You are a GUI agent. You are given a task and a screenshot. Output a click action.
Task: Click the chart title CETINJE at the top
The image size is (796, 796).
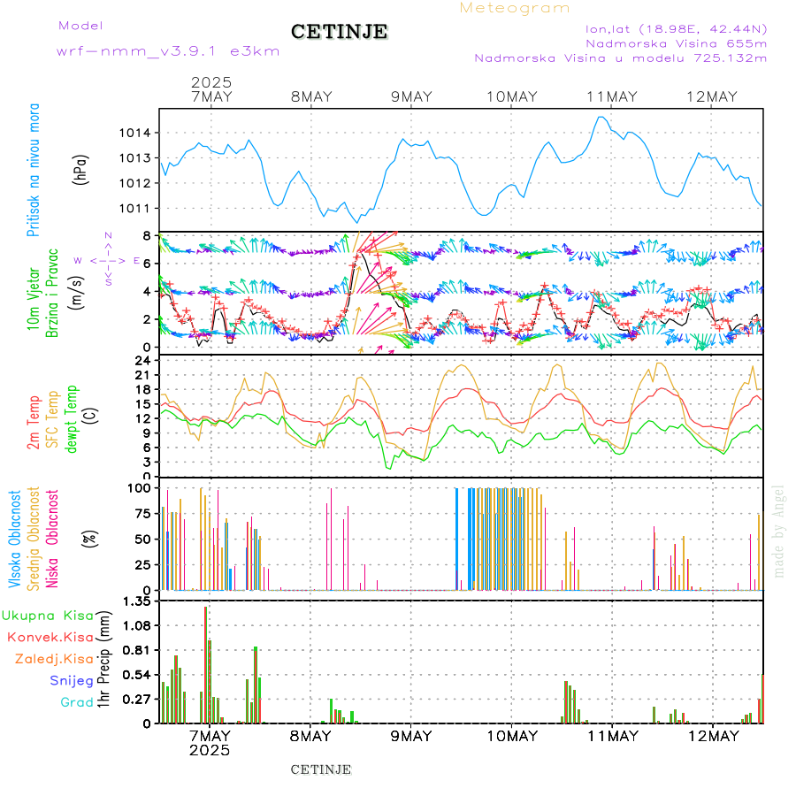click(x=340, y=32)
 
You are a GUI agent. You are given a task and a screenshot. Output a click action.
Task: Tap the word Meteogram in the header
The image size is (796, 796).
click(x=515, y=8)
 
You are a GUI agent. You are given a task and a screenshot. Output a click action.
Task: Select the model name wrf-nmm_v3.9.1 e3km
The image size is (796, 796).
click(x=168, y=51)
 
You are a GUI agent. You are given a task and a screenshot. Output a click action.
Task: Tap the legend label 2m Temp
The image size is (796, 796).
click(x=34, y=422)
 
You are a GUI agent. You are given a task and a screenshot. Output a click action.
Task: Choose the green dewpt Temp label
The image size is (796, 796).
click(x=71, y=418)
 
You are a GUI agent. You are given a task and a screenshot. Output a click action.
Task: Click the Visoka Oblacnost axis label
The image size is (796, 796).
click(x=15, y=539)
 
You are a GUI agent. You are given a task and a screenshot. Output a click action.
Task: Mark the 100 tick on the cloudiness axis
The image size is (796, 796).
click(x=138, y=487)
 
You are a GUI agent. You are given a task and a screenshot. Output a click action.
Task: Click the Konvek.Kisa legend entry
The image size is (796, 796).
click(x=50, y=637)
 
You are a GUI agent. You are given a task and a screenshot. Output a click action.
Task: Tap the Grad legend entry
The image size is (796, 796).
click(x=77, y=702)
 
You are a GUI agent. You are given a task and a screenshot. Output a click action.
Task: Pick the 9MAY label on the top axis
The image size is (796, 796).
click(x=411, y=96)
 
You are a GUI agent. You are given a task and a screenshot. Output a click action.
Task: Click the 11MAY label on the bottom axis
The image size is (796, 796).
click(x=612, y=736)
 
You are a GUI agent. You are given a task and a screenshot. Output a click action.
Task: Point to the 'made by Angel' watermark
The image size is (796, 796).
click(x=779, y=531)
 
